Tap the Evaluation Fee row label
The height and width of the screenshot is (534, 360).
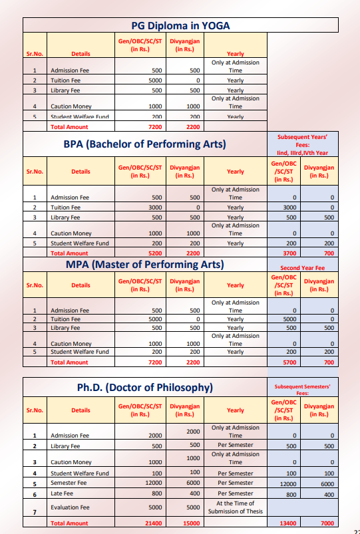tap(71, 507)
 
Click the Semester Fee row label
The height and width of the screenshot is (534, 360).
tap(68, 483)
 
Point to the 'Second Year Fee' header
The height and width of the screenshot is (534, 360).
tap(302, 268)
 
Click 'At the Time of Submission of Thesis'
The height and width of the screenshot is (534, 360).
tap(236, 507)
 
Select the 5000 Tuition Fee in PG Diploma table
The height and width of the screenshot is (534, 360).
tap(156, 80)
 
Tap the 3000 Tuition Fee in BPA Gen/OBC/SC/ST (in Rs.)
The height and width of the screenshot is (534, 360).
tap(156, 207)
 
